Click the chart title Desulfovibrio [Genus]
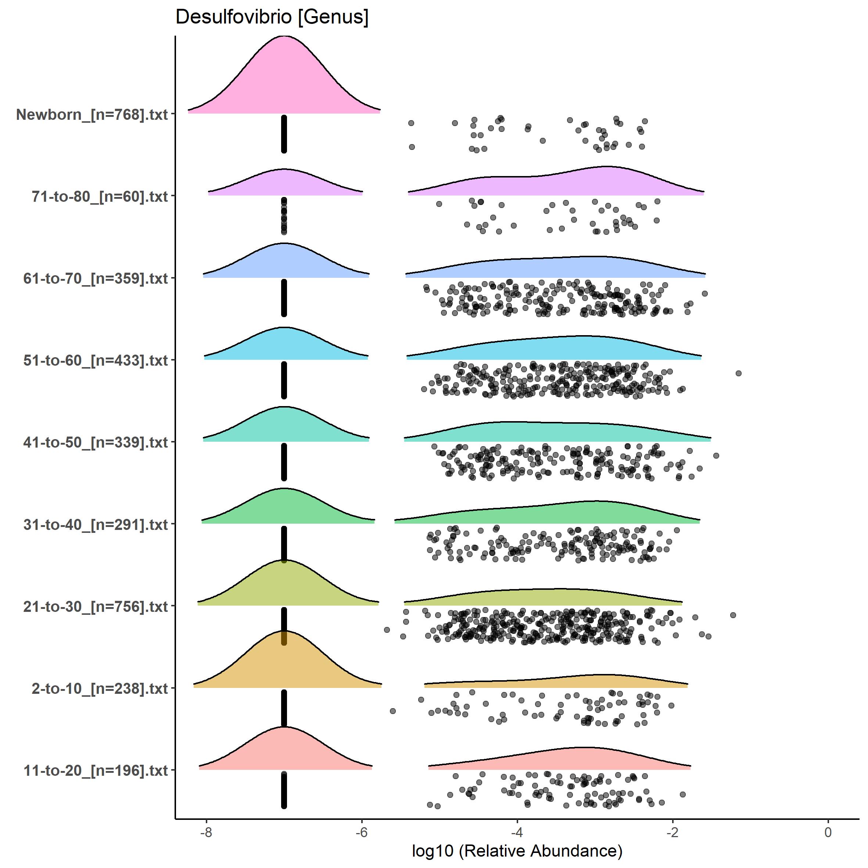[x=272, y=17]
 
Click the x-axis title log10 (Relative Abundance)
[x=517, y=850]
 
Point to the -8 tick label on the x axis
[x=206, y=832]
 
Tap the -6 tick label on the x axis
[x=362, y=832]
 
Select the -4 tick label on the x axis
[x=517, y=832]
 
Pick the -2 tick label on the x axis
[x=672, y=832]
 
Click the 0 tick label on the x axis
[x=828, y=832]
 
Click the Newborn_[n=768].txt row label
[x=92, y=115]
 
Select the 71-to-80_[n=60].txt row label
[x=100, y=196]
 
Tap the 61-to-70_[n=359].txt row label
[x=96, y=279]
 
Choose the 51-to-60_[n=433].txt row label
[x=96, y=360]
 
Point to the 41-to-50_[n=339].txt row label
[x=96, y=442]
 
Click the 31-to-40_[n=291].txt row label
[x=96, y=524]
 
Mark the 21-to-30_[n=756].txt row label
[x=96, y=606]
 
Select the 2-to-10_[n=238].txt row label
[x=100, y=688]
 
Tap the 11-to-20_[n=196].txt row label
[x=96, y=771]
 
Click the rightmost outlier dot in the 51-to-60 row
[x=738, y=373]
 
